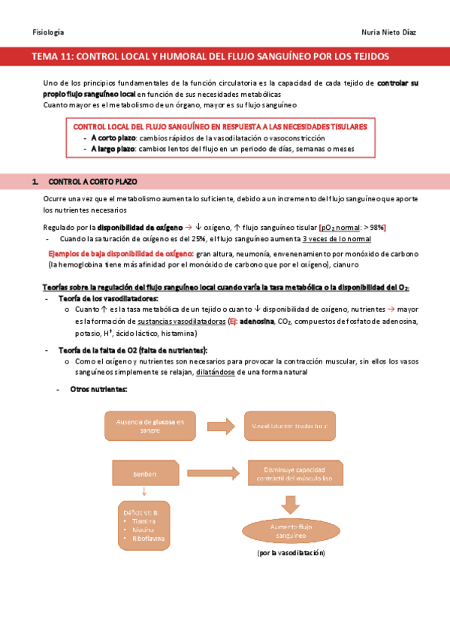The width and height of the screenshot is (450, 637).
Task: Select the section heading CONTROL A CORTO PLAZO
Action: point(92,182)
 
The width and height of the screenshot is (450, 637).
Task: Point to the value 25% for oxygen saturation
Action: point(186,239)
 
